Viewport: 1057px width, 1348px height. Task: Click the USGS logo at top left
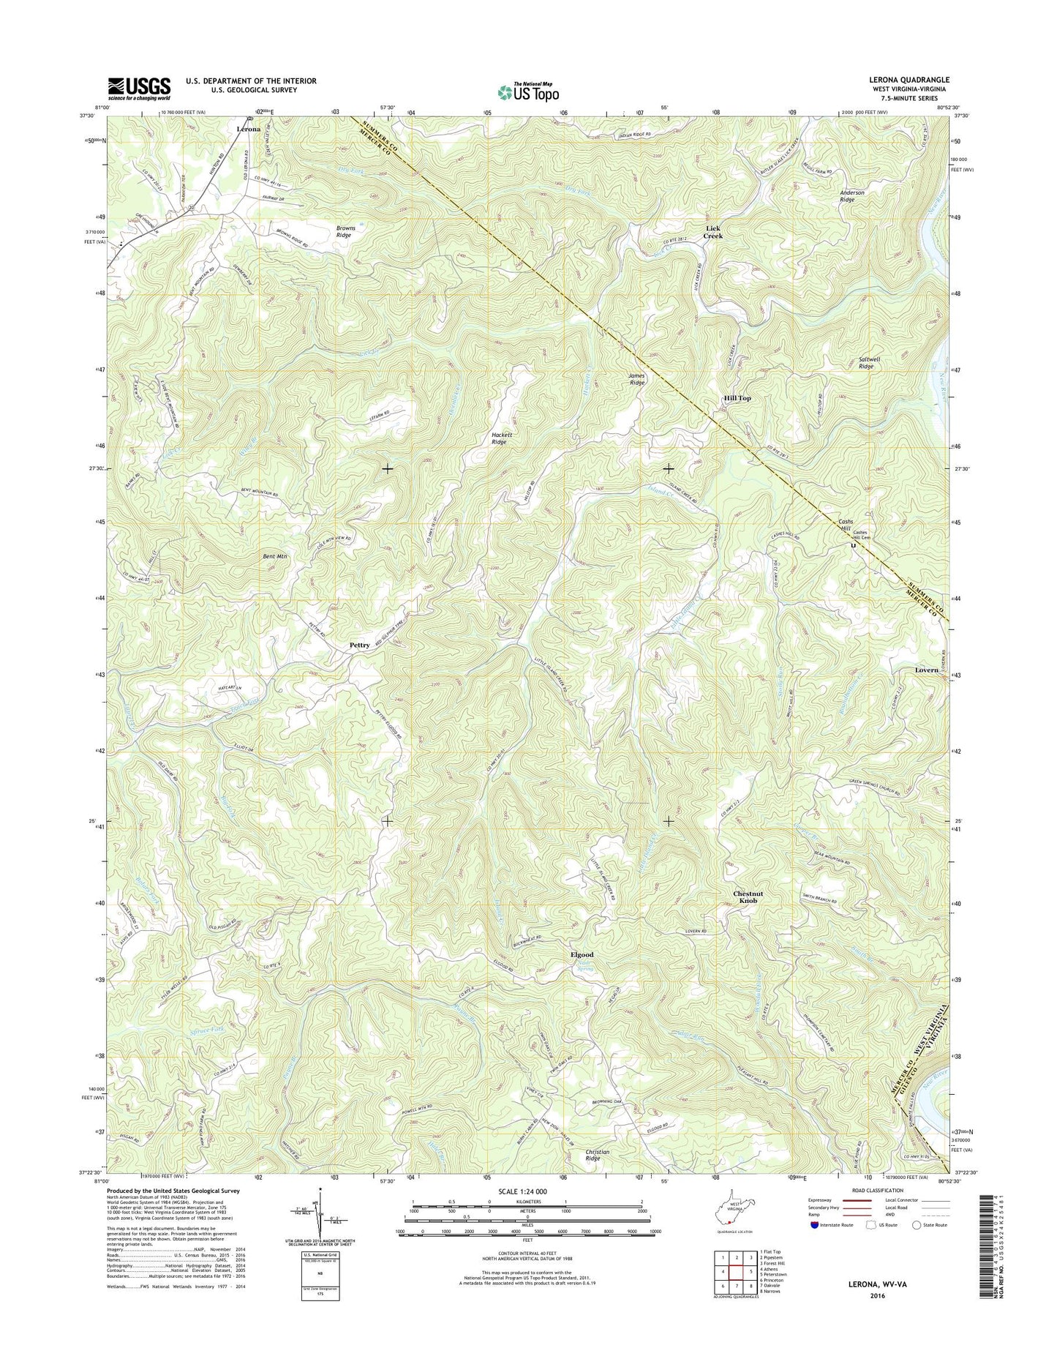(x=139, y=89)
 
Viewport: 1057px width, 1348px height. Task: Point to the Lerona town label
(x=249, y=129)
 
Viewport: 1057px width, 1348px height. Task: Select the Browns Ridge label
(x=345, y=232)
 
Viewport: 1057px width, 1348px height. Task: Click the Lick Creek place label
(x=713, y=233)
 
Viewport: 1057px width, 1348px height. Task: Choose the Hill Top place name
(x=737, y=398)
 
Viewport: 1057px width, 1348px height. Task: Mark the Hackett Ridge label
(x=499, y=438)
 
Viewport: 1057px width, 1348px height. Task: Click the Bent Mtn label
(x=275, y=557)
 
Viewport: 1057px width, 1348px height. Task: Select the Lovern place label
(x=926, y=670)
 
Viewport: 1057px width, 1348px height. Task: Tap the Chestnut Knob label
(x=748, y=897)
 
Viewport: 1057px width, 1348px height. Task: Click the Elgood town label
(x=582, y=955)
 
